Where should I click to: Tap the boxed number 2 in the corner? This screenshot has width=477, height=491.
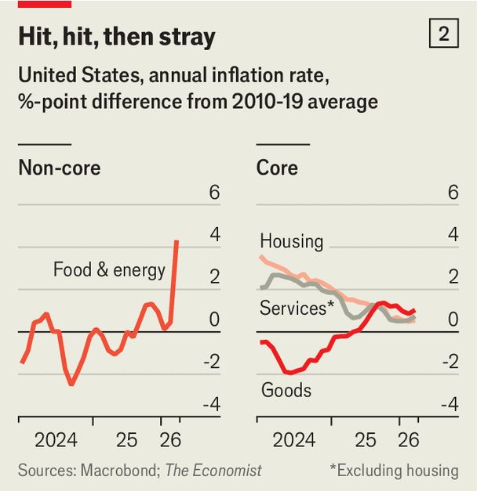(x=444, y=34)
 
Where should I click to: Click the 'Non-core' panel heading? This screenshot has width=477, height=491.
(x=60, y=168)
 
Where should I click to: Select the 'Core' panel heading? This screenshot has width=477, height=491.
(x=277, y=168)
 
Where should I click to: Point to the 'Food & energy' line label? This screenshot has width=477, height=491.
(x=109, y=270)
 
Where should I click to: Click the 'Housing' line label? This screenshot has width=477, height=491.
(x=291, y=240)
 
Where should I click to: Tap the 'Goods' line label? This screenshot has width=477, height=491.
(x=286, y=390)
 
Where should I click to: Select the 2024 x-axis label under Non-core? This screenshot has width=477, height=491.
(x=56, y=440)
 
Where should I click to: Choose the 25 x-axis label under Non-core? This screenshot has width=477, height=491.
(x=127, y=440)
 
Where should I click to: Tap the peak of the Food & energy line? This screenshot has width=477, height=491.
(x=177, y=241)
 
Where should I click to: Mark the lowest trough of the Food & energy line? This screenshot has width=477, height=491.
(x=71, y=384)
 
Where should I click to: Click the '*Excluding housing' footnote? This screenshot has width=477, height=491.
(x=394, y=470)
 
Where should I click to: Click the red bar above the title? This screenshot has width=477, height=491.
(x=44, y=4)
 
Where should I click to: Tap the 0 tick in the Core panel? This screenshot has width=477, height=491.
(x=452, y=320)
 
